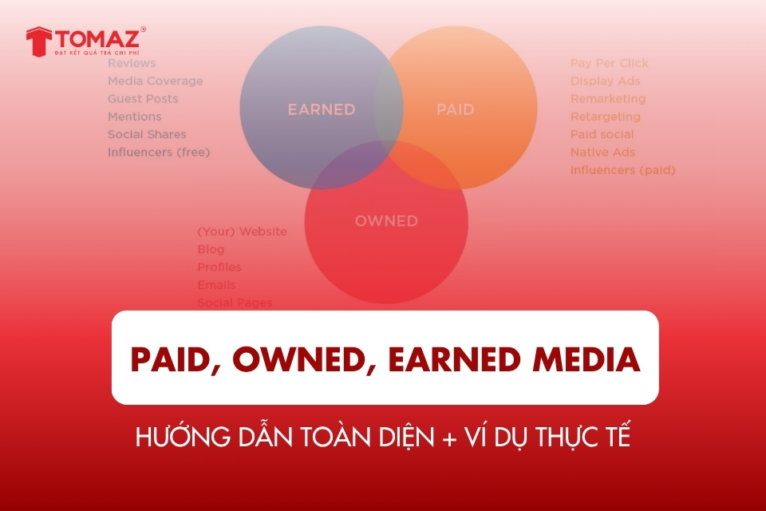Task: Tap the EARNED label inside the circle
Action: coord(322,109)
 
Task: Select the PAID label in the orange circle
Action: coord(455,109)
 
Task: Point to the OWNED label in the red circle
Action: coord(386,220)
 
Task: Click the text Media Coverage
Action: coord(155,81)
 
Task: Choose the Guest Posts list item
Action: coord(143,98)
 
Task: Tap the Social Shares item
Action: coord(147,134)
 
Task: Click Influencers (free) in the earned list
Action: coord(159,152)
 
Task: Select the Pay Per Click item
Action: coord(609,63)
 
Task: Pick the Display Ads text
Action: coord(605,81)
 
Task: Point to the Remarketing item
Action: coord(607,98)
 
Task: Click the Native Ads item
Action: coord(602,152)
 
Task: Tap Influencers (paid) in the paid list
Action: coord(622,169)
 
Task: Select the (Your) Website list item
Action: coord(242,232)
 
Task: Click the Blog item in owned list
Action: coord(211,249)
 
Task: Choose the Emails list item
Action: coord(216,285)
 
